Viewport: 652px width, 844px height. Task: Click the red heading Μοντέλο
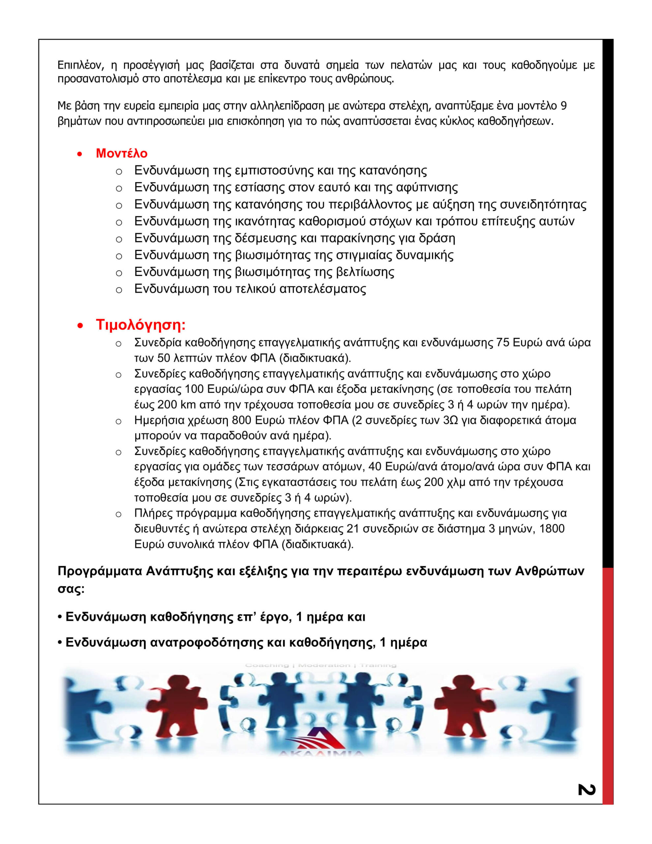click(121, 153)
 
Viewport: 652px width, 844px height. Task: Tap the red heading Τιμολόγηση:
click(141, 325)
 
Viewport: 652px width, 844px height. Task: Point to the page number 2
click(587, 790)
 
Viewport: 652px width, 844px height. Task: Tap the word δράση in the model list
click(437, 238)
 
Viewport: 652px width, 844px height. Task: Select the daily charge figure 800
click(242, 420)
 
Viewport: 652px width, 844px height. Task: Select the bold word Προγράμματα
click(100, 571)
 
